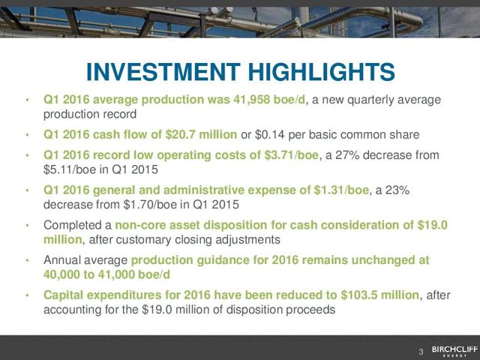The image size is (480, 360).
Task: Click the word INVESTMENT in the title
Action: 163,72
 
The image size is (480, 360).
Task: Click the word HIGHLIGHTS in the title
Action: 322,72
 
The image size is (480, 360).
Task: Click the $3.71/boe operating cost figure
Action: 292,155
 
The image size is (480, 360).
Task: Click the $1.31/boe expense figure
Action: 341,190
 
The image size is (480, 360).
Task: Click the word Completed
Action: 73,225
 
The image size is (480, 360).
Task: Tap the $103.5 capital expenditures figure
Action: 359,295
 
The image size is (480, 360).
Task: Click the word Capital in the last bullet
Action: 64,295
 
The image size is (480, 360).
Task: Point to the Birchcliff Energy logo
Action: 454,351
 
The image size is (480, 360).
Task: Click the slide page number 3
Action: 421,352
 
